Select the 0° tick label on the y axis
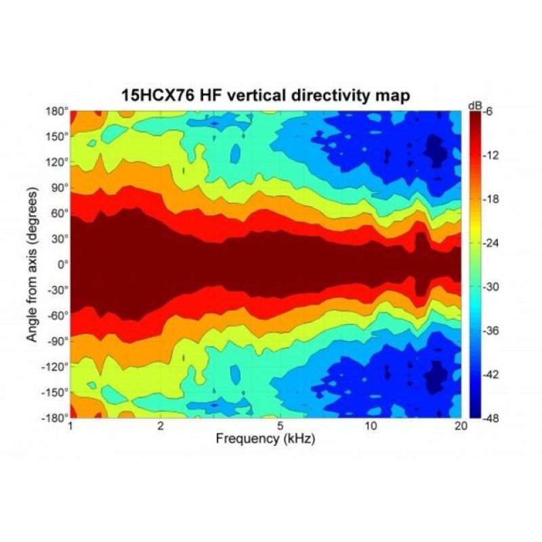pos(63,264)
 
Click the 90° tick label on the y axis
pos(60,188)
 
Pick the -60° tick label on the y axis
pos(58,315)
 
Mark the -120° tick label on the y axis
pos(57,366)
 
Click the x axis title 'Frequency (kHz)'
pos(266,439)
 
